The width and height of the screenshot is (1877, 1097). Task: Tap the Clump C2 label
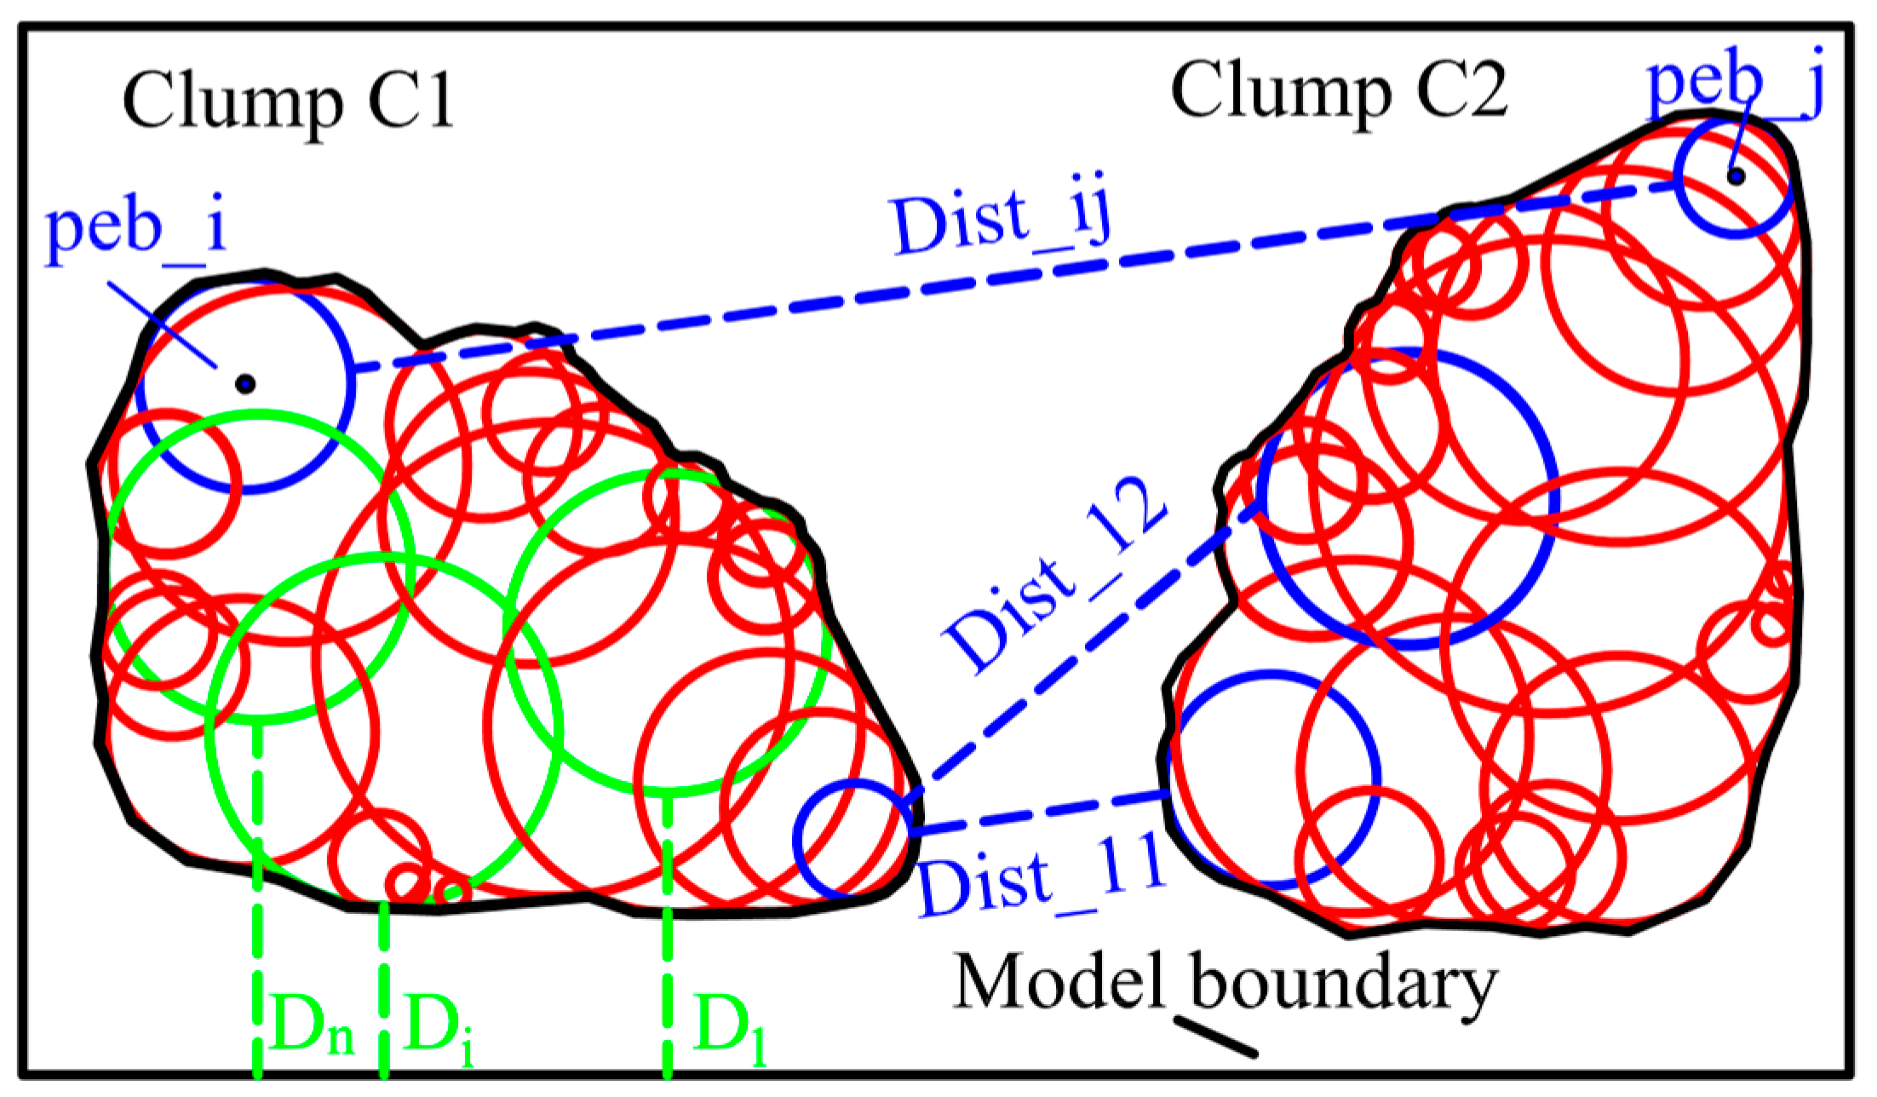1339,92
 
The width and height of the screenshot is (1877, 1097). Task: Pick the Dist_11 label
1041,877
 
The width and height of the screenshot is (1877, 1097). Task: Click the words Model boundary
1225,985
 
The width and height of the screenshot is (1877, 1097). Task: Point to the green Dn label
312,1027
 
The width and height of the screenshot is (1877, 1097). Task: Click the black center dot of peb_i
245,384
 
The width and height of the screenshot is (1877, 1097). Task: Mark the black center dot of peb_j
1736,176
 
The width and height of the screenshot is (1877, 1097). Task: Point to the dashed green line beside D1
667,937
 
